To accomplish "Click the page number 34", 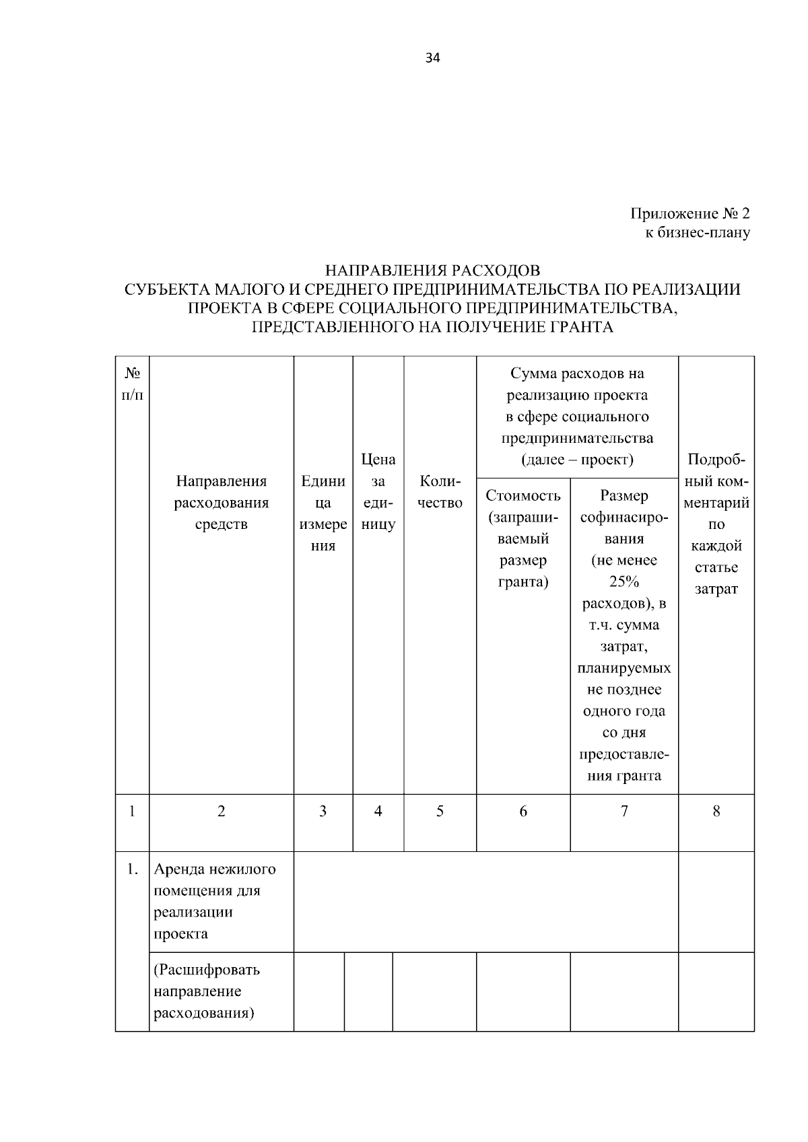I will [433, 58].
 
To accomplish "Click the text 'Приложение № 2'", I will [689, 214].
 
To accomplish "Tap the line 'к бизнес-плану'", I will [698, 233].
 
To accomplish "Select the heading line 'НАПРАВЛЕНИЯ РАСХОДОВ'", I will [432, 271].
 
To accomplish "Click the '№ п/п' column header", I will [132, 384].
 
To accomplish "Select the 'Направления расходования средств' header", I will [222, 503].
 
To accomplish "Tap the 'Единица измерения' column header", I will [323, 513].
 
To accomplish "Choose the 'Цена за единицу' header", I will [378, 492].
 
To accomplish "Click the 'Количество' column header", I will [440, 492].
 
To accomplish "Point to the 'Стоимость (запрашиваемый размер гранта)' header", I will [523, 538].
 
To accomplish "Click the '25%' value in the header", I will [624, 581].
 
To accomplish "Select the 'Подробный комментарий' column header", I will [716, 524].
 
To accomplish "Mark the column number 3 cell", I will [323, 812].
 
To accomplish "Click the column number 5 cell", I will [440, 812].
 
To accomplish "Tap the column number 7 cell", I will [624, 812].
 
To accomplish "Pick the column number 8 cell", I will [716, 812].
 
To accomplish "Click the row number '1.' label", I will [132, 869].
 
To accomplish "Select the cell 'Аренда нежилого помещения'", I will [215, 901].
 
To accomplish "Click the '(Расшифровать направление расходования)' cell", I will [207, 991].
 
